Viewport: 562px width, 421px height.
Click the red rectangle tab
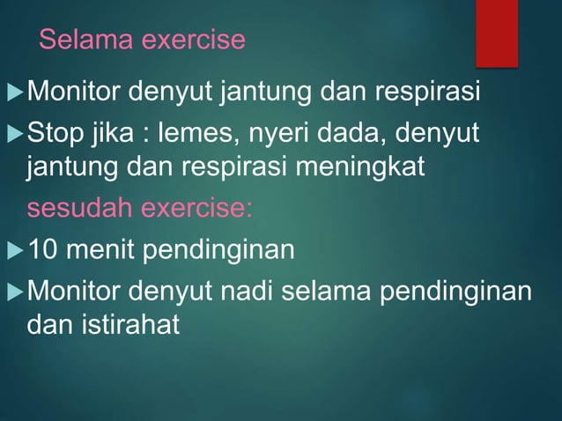(x=497, y=33)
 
